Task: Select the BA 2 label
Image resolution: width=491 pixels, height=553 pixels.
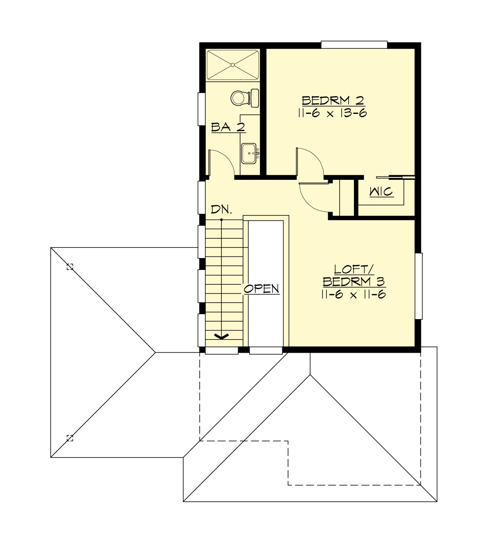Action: [x=228, y=127]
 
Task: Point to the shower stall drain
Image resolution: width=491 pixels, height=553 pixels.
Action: [x=232, y=65]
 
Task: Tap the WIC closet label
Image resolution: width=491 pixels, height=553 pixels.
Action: [x=381, y=191]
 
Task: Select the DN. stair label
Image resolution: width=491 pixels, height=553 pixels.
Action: [x=221, y=210]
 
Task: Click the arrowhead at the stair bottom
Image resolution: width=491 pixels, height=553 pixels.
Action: [x=222, y=336]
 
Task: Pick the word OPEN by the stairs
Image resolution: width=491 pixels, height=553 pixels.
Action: [x=261, y=289]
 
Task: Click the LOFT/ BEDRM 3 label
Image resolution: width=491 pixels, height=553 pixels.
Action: [x=354, y=276]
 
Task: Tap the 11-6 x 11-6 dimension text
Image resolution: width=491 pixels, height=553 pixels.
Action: [x=354, y=295]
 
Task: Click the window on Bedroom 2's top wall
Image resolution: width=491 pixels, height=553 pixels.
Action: [x=354, y=44]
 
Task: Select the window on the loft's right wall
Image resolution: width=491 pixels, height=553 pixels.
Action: [x=418, y=286]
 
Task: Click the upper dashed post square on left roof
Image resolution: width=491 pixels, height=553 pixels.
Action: [x=70, y=267]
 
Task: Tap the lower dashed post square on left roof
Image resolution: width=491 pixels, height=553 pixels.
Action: [x=70, y=438]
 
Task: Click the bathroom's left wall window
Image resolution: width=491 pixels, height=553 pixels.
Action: [x=201, y=109]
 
